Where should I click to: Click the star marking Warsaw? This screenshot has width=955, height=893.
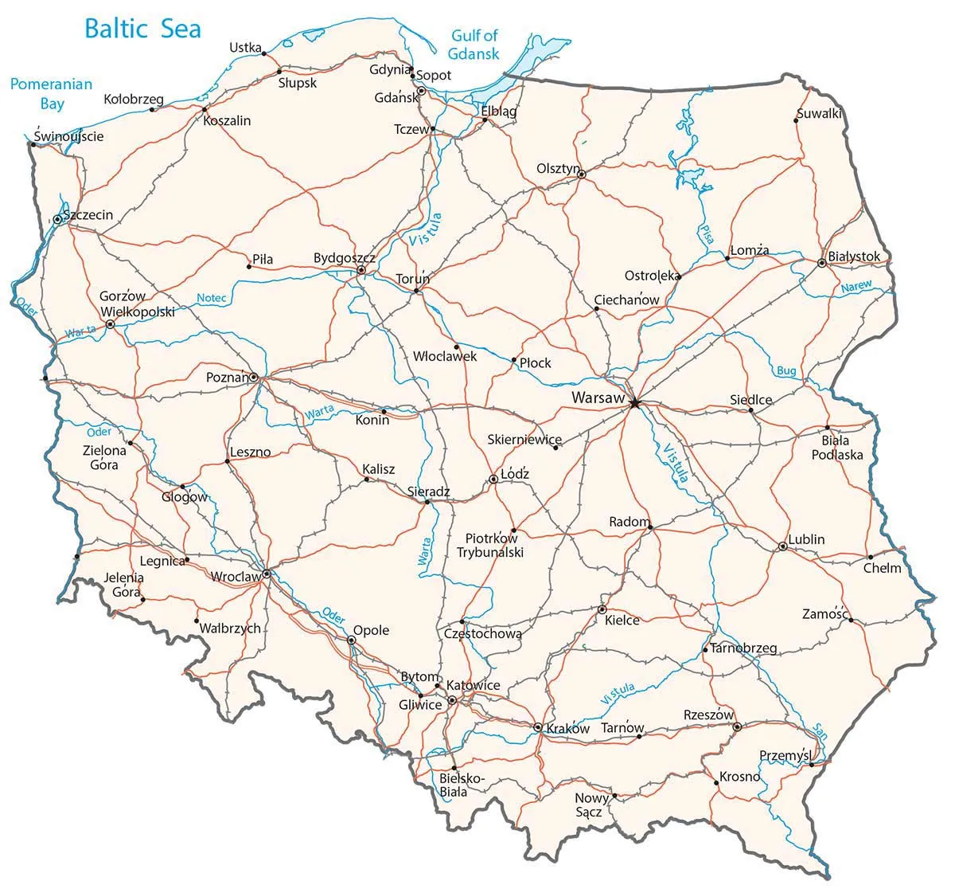coord(634,404)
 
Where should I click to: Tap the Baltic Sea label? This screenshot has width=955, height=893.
coord(142,29)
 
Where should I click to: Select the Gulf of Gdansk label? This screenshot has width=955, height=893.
coord(474,45)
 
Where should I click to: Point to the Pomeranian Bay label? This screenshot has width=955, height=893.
coord(51,93)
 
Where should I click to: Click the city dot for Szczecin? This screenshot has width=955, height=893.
coord(58,218)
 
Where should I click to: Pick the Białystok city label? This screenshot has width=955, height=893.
coord(854,257)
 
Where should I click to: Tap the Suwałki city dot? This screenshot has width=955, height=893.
coord(797,121)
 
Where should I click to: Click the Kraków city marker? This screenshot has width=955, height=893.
coord(538,727)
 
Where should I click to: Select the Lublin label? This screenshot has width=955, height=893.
coord(806,539)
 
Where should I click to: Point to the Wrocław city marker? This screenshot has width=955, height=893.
coord(267,574)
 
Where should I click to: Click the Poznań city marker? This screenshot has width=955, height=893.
coord(254,377)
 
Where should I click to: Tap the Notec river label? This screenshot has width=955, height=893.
coord(212,299)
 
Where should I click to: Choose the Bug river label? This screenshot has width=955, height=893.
coord(785,371)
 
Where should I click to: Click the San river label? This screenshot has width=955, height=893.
coord(819,730)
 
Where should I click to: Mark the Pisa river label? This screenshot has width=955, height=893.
coord(706,233)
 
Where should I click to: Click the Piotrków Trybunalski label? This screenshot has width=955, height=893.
coord(490,546)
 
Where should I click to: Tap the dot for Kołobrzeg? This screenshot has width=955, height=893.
coord(153,110)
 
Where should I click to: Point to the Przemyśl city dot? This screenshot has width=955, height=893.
coord(811,766)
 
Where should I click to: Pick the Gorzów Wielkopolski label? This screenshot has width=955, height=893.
coord(137,304)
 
